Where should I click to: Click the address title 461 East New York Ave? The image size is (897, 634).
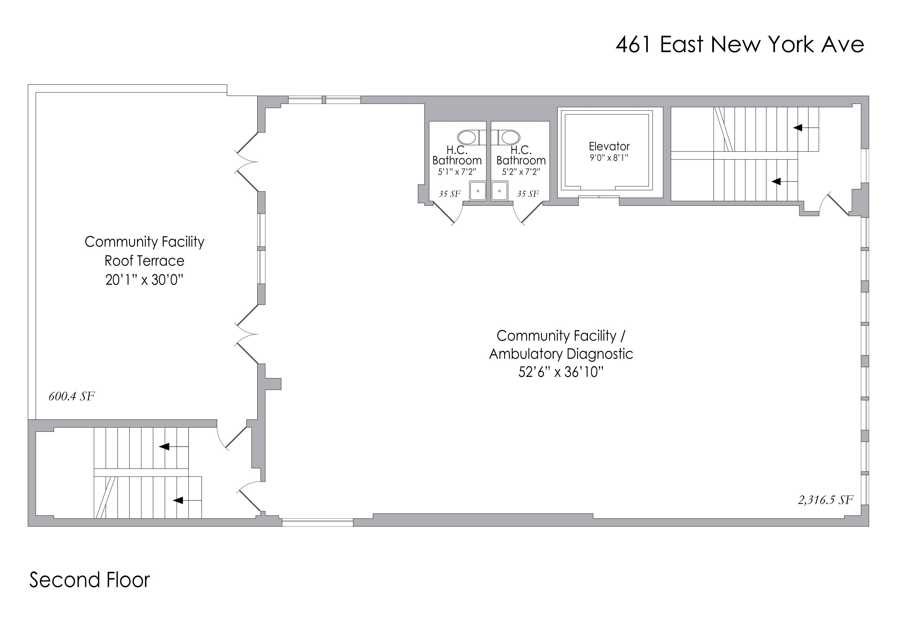tap(739, 44)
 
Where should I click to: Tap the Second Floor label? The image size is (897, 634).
tap(89, 580)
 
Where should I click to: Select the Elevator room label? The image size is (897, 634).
tap(609, 146)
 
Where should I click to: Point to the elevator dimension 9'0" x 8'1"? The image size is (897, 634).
tap(609, 158)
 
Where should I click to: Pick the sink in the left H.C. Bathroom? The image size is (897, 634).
tap(478, 191)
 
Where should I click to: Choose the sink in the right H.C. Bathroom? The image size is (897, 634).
tap(499, 191)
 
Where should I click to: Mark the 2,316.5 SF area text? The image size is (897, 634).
tap(826, 500)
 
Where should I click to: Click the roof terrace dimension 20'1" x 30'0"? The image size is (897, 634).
tap(144, 280)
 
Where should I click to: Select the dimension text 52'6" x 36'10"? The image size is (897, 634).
tap(561, 372)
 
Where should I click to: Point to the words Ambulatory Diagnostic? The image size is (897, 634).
tap(561, 354)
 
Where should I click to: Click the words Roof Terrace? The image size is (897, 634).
tap(144, 261)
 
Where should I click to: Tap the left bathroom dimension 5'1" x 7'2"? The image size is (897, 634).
tap(457, 171)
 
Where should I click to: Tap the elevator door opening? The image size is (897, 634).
tap(599, 197)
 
